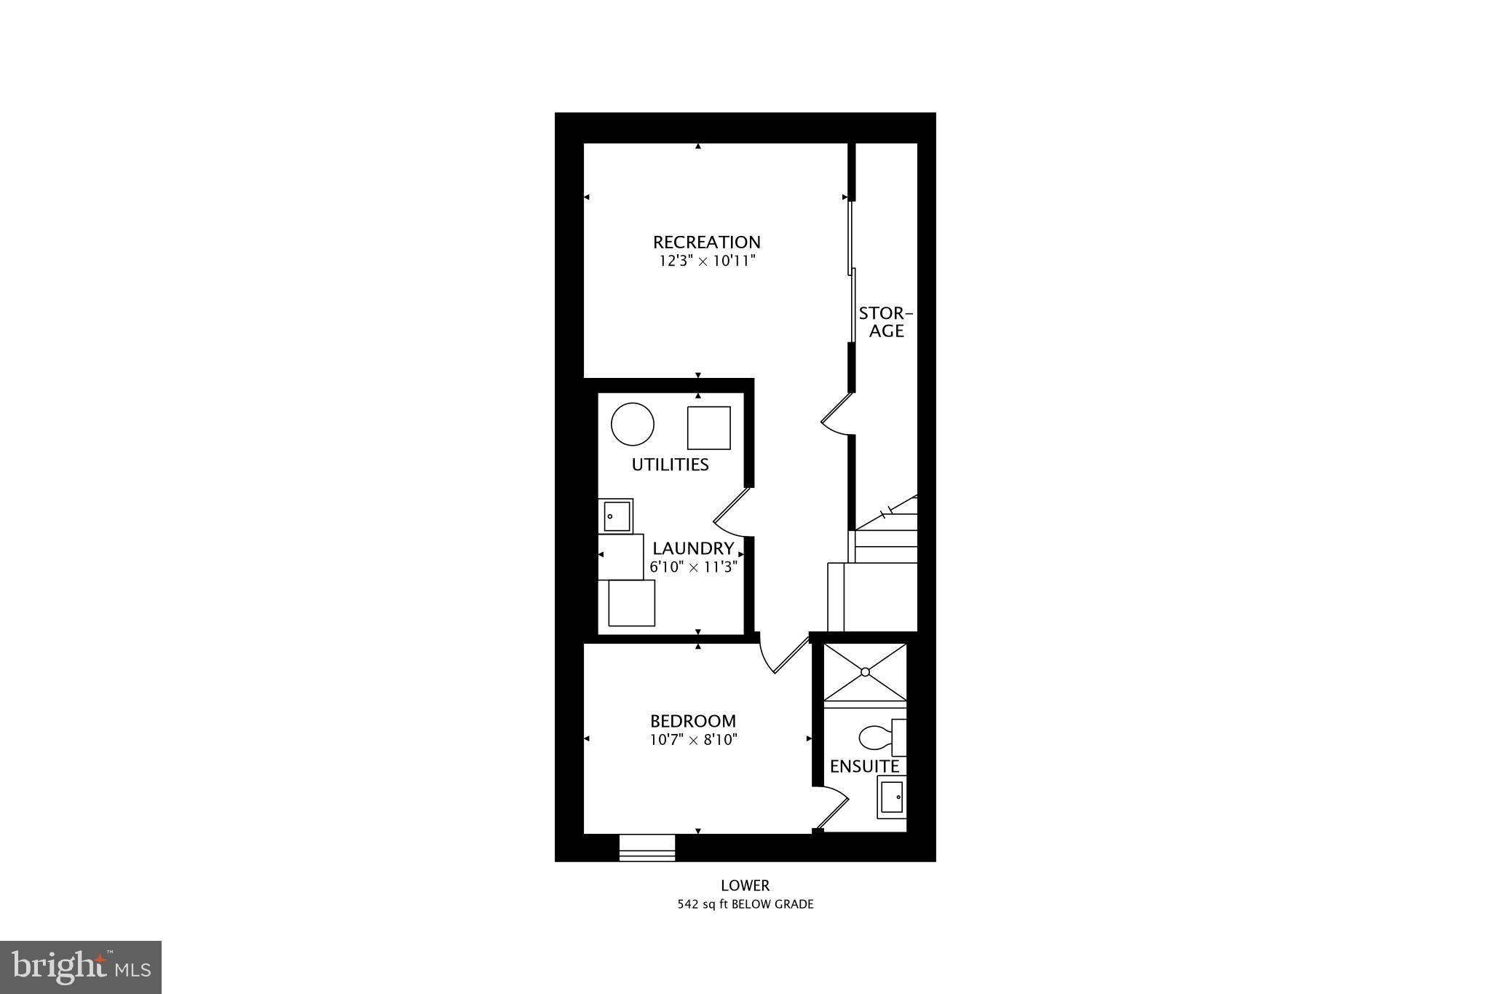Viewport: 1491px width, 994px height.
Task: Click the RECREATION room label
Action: tap(706, 242)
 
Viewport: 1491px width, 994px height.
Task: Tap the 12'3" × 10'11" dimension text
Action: tap(706, 261)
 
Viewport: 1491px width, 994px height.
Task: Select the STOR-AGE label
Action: tap(885, 322)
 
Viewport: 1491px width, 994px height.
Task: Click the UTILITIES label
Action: tap(670, 465)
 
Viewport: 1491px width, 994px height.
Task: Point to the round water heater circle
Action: tap(632, 424)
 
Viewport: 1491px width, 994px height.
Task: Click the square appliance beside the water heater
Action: tap(708, 428)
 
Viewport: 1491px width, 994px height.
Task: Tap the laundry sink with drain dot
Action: tap(616, 516)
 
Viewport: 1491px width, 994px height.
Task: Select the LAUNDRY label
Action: tap(692, 548)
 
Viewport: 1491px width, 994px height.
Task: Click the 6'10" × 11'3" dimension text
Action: tap(694, 567)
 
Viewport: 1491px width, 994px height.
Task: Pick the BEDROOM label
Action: tap(692, 721)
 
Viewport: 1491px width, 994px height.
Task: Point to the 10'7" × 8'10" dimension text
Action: tap(694, 740)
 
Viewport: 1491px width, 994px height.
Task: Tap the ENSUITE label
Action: tap(864, 766)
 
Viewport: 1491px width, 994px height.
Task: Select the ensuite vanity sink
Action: tap(892, 797)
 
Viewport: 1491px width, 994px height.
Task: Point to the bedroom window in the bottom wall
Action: tap(646, 848)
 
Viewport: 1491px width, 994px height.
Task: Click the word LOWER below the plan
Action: tap(745, 885)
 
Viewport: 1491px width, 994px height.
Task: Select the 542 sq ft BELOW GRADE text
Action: tap(745, 904)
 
